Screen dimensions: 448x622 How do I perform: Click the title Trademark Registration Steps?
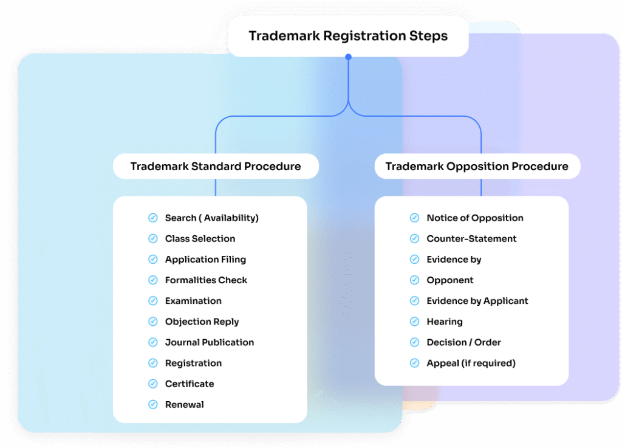(x=348, y=36)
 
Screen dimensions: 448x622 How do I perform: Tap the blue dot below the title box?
(x=348, y=57)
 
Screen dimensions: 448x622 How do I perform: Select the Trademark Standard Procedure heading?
(x=216, y=167)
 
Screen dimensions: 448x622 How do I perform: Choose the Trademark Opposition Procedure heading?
(x=477, y=167)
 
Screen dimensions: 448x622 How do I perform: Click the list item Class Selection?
(x=200, y=239)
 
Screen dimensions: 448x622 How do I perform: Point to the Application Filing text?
(x=205, y=260)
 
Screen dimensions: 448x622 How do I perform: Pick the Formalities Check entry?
(x=206, y=280)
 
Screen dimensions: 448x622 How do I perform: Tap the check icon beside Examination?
(x=153, y=301)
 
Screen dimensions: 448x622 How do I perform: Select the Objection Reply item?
(x=202, y=322)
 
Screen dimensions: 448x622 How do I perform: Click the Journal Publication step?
(x=210, y=342)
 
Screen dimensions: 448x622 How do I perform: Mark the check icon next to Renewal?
(x=153, y=404)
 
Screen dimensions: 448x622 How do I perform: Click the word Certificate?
(x=190, y=384)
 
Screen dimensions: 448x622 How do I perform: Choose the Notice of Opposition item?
(x=475, y=218)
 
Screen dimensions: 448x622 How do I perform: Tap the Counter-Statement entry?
(x=471, y=239)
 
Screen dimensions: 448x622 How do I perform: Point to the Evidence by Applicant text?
(x=477, y=301)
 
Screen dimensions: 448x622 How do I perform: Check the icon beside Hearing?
(x=415, y=322)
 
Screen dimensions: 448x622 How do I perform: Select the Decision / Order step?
(x=463, y=342)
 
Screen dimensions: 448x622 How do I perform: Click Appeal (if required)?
(x=471, y=363)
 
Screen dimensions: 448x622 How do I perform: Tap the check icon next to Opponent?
(x=415, y=280)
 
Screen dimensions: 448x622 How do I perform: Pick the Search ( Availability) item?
(x=211, y=218)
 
